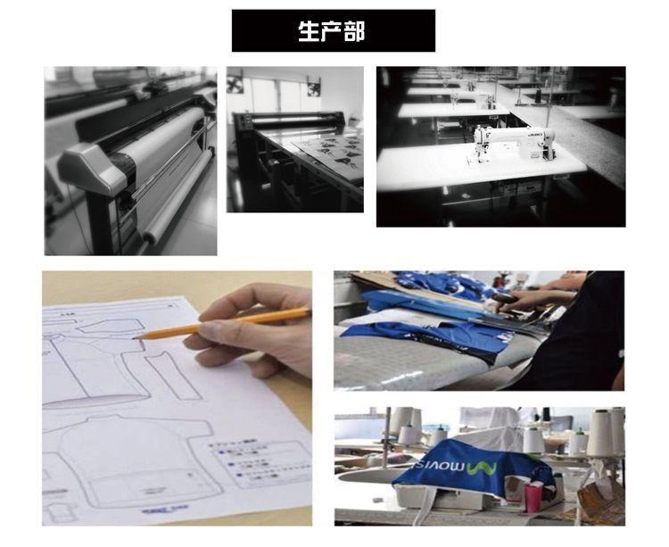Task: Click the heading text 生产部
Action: tap(331, 31)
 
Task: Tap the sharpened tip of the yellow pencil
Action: tap(136, 337)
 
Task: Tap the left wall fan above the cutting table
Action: tap(235, 86)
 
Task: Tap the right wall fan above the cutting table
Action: tap(313, 87)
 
